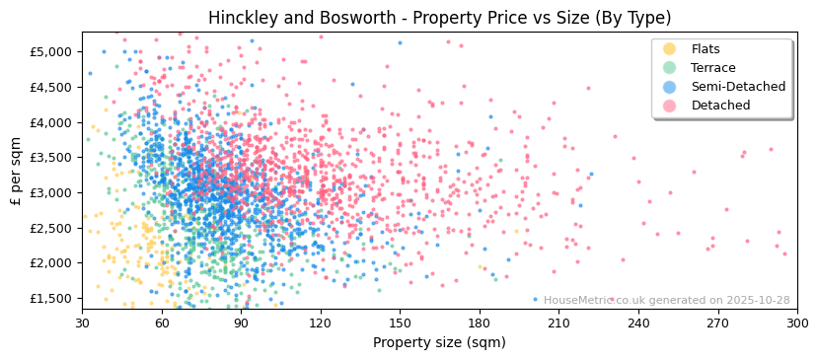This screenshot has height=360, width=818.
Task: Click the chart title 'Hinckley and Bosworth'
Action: tap(439, 18)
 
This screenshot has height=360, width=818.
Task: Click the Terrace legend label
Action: tap(712, 68)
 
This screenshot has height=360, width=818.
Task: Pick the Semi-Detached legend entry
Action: tap(738, 87)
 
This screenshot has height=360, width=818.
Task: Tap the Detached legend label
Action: tap(720, 106)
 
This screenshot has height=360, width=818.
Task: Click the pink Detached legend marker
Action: tap(669, 106)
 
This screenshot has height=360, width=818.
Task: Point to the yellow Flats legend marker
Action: tap(669, 49)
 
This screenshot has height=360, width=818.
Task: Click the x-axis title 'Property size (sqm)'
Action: tap(439, 343)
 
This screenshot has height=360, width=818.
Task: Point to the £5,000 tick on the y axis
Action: tap(51, 51)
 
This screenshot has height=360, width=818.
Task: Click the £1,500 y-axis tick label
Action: tap(51, 298)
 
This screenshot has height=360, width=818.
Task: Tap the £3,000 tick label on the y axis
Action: tap(51, 192)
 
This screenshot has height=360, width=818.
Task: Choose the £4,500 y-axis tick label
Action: tap(51, 87)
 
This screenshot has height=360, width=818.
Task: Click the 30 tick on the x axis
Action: tap(83, 323)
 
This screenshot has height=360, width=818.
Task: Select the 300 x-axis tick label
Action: tap(796, 323)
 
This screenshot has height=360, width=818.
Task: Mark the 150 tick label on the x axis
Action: tap(400, 323)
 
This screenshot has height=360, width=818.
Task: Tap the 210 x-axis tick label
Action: tap(558, 323)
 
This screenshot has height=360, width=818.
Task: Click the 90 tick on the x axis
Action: tap(241, 323)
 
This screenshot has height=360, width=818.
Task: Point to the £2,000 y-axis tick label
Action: tap(51, 263)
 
